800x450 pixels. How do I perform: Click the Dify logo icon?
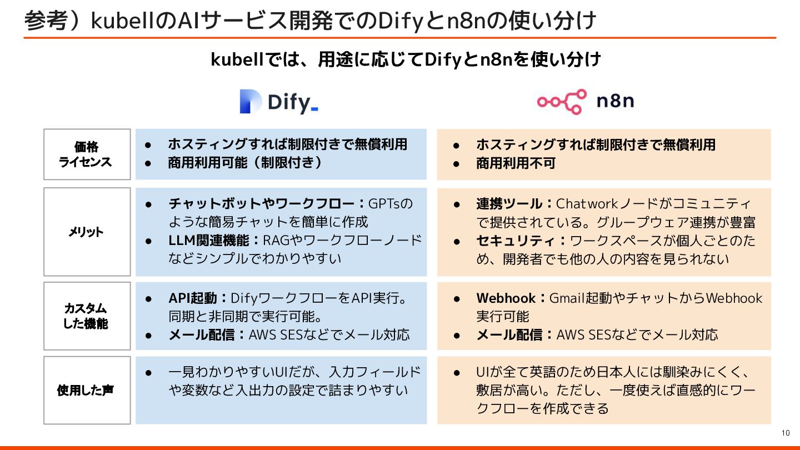pos(251,102)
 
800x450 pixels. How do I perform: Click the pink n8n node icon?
pos(562,102)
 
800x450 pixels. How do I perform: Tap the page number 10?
pos(785,433)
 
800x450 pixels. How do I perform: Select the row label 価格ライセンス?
pos(87,154)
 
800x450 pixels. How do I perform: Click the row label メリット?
pos(87,232)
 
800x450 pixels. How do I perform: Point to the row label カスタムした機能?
pos(87,316)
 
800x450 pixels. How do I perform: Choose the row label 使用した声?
pos(87,390)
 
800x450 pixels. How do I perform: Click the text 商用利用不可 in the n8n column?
pos(516,163)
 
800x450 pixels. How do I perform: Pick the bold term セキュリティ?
pos(517,241)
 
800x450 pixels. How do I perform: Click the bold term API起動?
pos(193,298)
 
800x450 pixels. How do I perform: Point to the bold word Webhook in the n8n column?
pos(506,298)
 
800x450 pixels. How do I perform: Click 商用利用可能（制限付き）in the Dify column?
pos(245,163)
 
